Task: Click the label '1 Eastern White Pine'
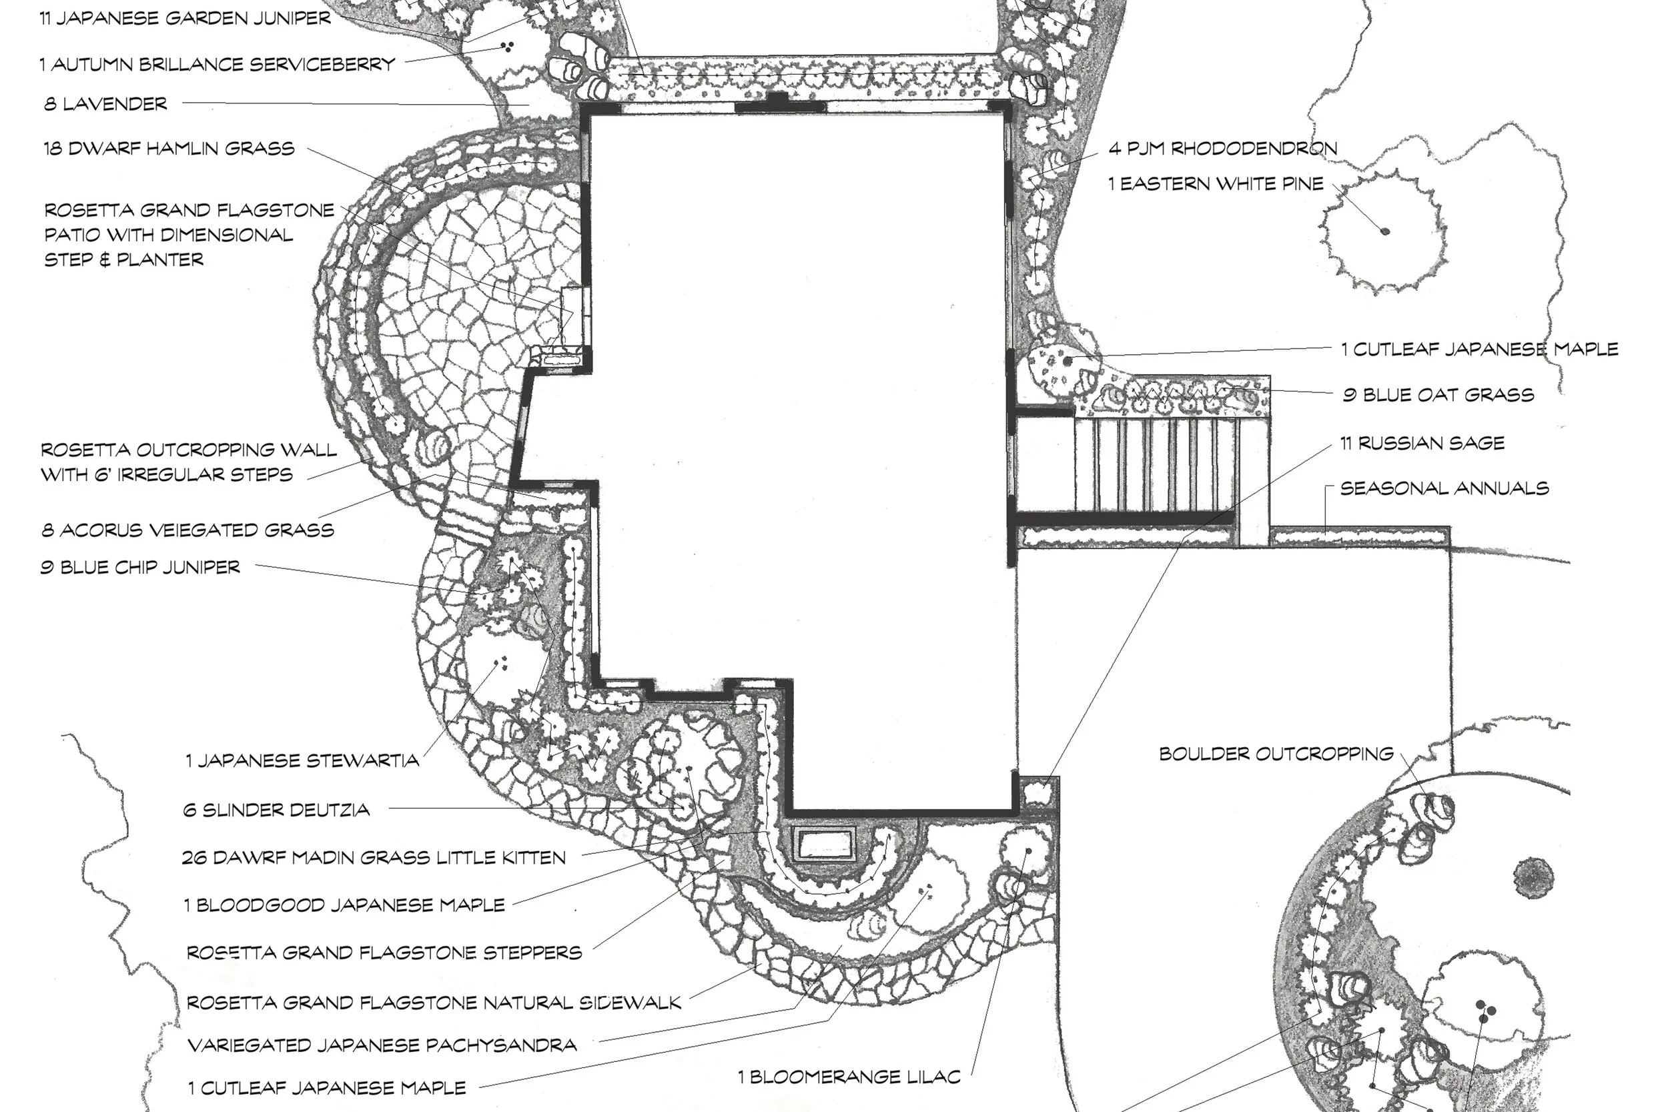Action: (1216, 183)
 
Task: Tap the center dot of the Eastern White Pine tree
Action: (1385, 231)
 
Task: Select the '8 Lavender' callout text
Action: (105, 104)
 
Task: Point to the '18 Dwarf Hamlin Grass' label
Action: (169, 148)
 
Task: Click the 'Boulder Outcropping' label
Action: (1276, 753)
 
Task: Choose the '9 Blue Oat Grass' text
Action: (1438, 395)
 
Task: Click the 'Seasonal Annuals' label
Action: (1444, 488)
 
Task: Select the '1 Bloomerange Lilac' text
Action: (849, 1077)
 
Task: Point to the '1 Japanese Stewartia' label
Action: (302, 761)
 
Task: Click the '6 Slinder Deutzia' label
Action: (276, 810)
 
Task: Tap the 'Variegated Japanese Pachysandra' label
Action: (382, 1045)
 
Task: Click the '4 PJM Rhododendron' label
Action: (1222, 148)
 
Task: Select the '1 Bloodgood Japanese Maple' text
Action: (345, 905)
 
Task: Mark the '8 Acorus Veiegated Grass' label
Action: (188, 530)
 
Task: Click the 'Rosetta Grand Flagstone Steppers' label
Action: (384, 953)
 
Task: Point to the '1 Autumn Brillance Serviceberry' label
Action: (217, 65)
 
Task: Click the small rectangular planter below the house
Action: (824, 844)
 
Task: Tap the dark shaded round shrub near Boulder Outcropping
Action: (1533, 877)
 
